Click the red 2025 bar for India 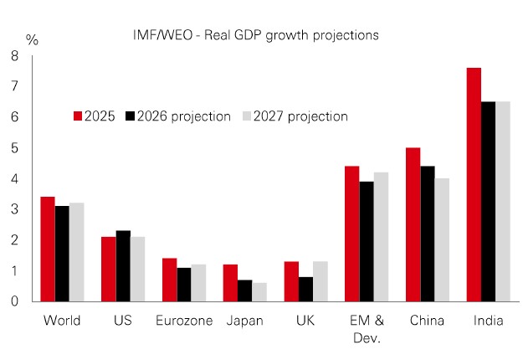click(474, 184)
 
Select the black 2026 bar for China click(428, 234)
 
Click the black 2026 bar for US click(123, 266)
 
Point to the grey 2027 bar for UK click(320, 281)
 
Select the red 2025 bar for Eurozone click(169, 280)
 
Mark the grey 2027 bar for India click(503, 201)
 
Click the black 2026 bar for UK click(305, 289)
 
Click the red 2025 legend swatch click(76, 116)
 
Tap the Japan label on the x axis click(244, 321)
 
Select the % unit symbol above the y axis click(32, 39)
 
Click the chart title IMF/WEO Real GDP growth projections click(256, 35)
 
